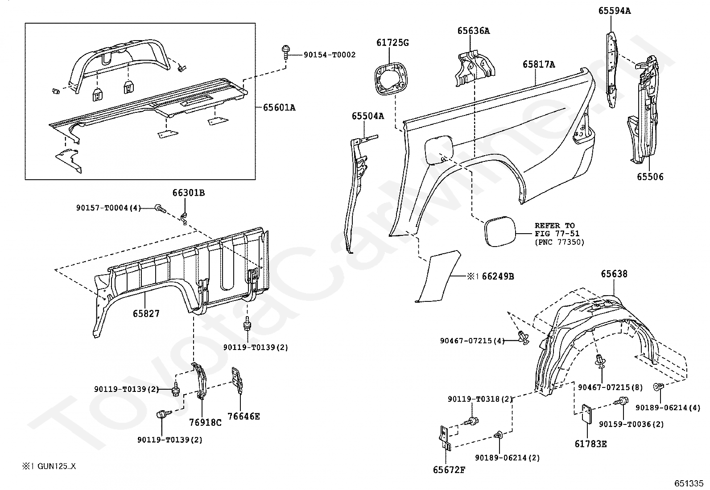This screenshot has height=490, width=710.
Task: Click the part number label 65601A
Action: pos(279,108)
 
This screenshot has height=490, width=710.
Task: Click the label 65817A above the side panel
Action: pos(539,65)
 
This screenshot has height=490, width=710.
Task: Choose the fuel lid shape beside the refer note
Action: pos(500,231)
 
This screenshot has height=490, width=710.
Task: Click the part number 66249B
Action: pos(498,276)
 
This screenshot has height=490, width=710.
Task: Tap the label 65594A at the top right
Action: pos(615,11)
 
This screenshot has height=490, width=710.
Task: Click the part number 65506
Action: pos(650,177)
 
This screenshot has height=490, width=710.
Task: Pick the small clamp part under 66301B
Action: pos(184,219)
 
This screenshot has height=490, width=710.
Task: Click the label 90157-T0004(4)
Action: pos(108,208)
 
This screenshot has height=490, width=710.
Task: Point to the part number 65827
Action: pos(146,313)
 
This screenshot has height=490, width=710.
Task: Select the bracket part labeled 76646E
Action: pos(237,380)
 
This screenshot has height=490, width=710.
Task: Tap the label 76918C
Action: pos(206,423)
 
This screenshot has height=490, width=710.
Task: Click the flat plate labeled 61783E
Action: pos(587,414)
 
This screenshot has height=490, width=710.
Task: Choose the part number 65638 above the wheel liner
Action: pos(614,274)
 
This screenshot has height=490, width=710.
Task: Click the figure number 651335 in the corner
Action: pos(689,483)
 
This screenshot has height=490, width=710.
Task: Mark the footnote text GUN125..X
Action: pos(57,466)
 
